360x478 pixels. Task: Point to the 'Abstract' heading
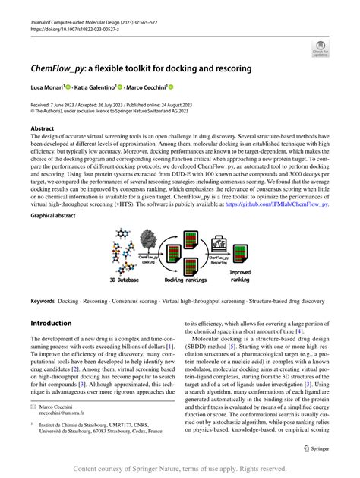43,129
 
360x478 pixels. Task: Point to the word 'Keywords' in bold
43,301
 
